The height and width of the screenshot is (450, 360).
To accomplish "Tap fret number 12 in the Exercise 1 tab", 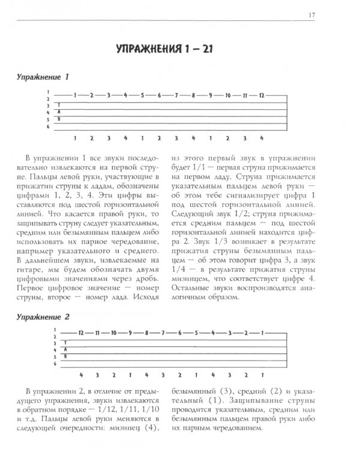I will pyautogui.click(x=262, y=95).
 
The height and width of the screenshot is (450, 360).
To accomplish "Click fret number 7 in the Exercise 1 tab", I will pyautogui.click(x=177, y=95).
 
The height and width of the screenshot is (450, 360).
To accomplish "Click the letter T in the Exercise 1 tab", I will pyautogui.click(x=59, y=104).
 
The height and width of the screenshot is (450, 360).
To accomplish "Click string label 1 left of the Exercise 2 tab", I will pyautogui.click(x=54, y=331).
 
